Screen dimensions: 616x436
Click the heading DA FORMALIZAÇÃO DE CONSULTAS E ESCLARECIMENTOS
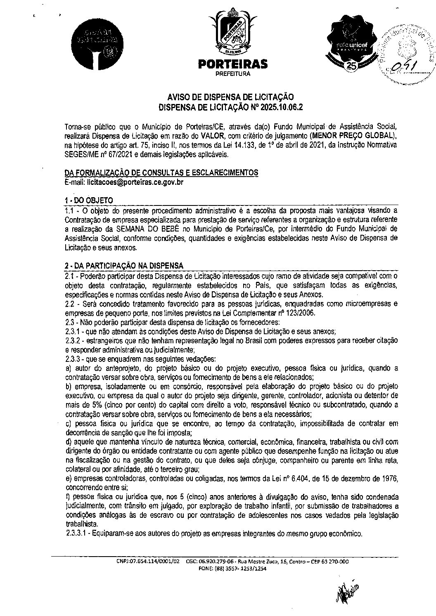click(161, 173)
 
